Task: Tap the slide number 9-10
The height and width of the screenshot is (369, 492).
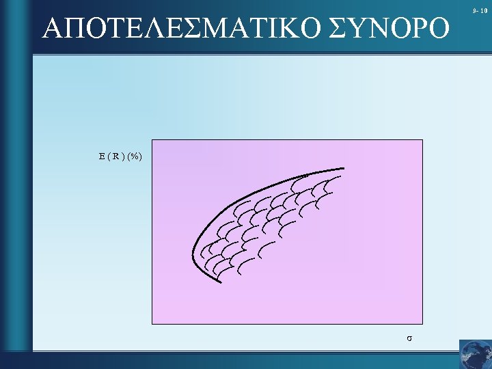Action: [479, 10]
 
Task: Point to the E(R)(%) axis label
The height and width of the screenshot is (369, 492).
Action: [120, 156]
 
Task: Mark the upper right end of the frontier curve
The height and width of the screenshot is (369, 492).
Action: [343, 167]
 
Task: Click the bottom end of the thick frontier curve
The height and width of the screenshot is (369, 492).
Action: [219, 281]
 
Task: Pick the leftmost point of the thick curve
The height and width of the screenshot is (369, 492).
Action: [194, 252]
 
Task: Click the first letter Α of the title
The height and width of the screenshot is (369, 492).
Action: [53, 28]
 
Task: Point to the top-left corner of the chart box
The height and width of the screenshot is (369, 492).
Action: [152, 140]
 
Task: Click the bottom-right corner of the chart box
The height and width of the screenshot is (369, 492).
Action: [422, 323]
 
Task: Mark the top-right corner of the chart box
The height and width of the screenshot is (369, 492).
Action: [422, 140]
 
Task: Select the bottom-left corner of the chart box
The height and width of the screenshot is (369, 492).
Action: [152, 323]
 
